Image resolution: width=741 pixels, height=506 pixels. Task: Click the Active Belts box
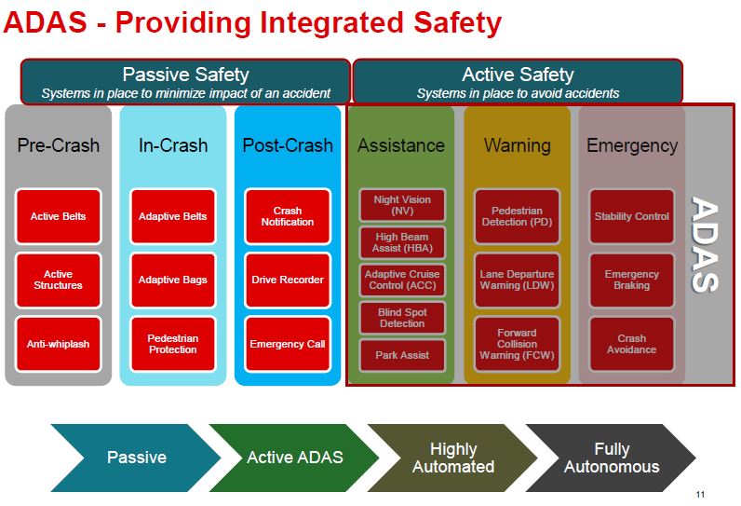coord(58,216)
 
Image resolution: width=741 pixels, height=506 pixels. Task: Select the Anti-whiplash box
coord(58,344)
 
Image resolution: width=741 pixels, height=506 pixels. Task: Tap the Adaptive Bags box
coord(173,280)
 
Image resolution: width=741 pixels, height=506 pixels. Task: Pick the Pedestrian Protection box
coord(173,344)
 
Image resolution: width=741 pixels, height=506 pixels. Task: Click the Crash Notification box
coord(288,216)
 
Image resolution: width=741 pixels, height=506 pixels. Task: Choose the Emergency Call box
coord(288,344)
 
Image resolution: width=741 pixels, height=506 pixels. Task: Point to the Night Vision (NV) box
coord(402,205)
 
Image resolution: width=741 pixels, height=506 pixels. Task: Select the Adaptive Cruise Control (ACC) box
coord(402,280)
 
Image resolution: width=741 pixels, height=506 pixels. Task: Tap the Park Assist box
coord(402,355)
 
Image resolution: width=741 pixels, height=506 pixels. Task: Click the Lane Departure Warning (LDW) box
coord(517,280)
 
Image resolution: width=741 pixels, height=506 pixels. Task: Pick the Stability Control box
coord(632,216)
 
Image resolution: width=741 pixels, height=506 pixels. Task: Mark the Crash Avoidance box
coord(632,344)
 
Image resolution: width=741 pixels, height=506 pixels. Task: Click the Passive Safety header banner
coord(185,81)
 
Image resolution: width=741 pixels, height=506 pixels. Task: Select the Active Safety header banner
coord(518,81)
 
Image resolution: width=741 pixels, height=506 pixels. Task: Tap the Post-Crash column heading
coord(288,145)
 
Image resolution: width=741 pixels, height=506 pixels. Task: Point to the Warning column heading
coord(517,145)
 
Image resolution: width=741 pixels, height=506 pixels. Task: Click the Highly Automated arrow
coord(452,458)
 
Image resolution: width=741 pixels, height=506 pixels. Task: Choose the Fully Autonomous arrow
coord(611,458)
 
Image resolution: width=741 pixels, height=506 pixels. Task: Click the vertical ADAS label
coord(704,244)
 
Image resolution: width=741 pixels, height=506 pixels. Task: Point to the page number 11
coord(700,495)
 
